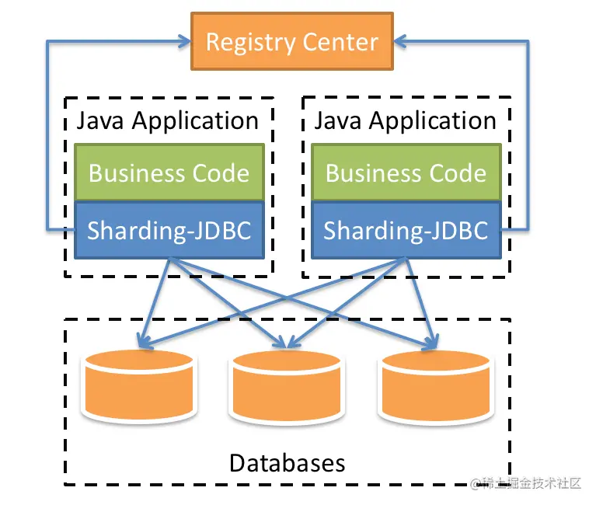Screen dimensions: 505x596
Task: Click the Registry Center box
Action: pos(292,41)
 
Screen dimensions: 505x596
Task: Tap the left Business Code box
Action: pos(169,172)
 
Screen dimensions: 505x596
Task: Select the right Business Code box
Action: pos(406,172)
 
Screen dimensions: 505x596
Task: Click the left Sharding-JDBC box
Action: pos(169,230)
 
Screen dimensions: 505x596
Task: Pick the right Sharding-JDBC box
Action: pos(406,230)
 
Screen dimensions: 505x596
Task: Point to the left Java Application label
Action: pos(167,120)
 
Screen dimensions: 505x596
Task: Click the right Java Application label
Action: pos(405,120)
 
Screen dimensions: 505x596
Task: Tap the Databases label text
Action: pos(287,463)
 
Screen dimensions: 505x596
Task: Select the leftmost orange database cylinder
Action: pos(139,385)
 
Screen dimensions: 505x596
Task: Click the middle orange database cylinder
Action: pos(287,385)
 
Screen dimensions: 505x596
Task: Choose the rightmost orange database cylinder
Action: pos(434,385)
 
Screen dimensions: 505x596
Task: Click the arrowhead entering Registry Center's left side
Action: pos(185,41)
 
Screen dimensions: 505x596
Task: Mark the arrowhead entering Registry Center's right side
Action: pos(399,41)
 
